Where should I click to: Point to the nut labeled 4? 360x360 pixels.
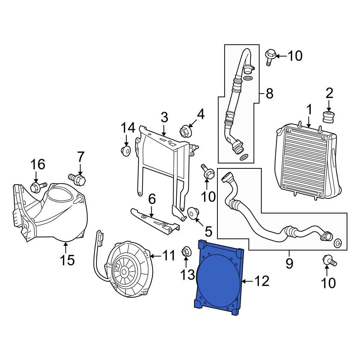tap(184, 131)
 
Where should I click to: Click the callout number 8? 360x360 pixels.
tap(269, 94)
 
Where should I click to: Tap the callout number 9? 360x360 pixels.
tap(289, 263)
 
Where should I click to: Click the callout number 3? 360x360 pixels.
tap(164, 117)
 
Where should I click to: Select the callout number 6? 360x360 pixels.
tap(152, 198)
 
